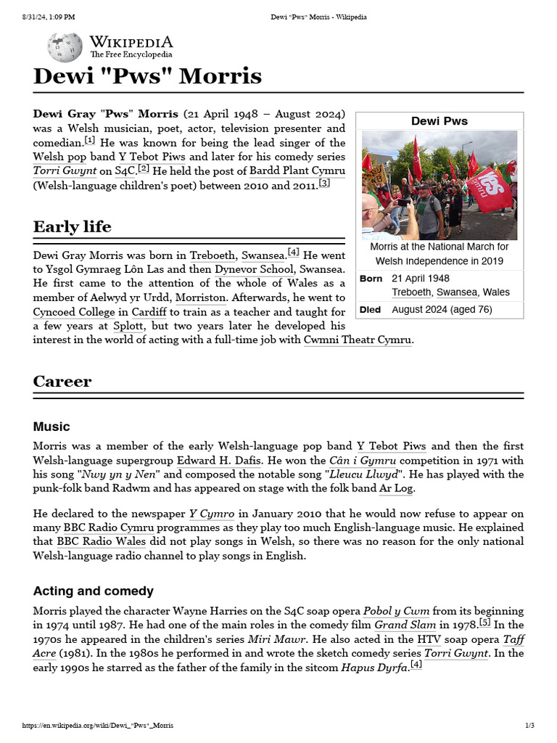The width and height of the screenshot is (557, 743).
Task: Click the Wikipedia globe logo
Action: pos(65,47)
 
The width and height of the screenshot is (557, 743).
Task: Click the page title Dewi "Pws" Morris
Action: pos(147,76)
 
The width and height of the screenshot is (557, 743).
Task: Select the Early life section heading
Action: pos(72,226)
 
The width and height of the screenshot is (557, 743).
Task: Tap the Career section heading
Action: pos(62,381)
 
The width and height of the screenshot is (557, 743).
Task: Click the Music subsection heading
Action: pos(51,426)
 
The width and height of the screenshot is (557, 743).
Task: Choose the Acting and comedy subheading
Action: pos(93,591)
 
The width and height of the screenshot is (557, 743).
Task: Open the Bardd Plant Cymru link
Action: pos(297,171)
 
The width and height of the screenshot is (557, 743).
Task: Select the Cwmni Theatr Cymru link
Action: pos(358,340)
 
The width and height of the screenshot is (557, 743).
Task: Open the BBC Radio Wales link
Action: pos(101,541)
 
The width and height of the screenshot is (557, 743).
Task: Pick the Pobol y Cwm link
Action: pos(396,611)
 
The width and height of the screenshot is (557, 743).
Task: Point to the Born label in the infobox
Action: pos(371,279)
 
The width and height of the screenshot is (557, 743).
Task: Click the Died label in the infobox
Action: pos(370,309)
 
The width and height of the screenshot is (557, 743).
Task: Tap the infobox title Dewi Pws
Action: pos(440,120)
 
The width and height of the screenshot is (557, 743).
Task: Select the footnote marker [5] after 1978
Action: pos(485,622)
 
